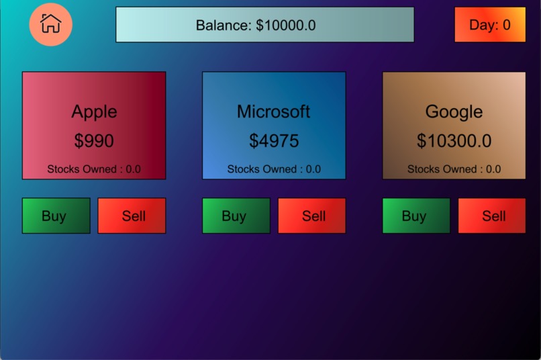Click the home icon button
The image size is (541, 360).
[50, 24]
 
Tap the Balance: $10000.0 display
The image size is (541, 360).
[264, 25]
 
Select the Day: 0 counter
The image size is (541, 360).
[489, 25]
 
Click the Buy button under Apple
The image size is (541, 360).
[56, 216]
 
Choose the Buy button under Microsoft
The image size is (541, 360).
[236, 216]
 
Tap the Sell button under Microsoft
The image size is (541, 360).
[312, 216]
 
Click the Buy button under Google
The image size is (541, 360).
[415, 216]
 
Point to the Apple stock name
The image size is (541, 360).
[94, 111]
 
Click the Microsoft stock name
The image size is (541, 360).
[273, 111]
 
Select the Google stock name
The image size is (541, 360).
[454, 111]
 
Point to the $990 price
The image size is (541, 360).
[94, 141]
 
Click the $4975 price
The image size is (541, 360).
[274, 141]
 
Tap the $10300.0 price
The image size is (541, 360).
[454, 141]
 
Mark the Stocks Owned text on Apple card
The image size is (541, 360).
[94, 169]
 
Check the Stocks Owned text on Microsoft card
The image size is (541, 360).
[274, 169]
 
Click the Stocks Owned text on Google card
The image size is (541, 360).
[454, 169]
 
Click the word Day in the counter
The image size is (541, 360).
[482, 26]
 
